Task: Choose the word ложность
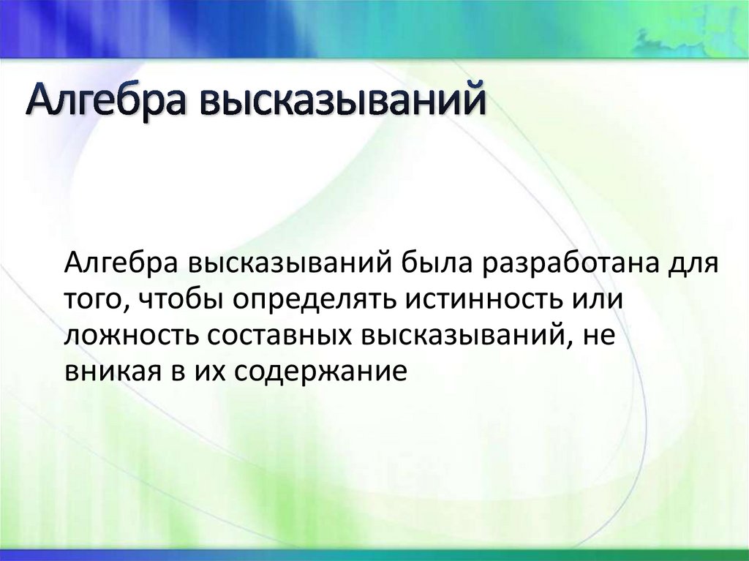130,336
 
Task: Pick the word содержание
320,372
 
